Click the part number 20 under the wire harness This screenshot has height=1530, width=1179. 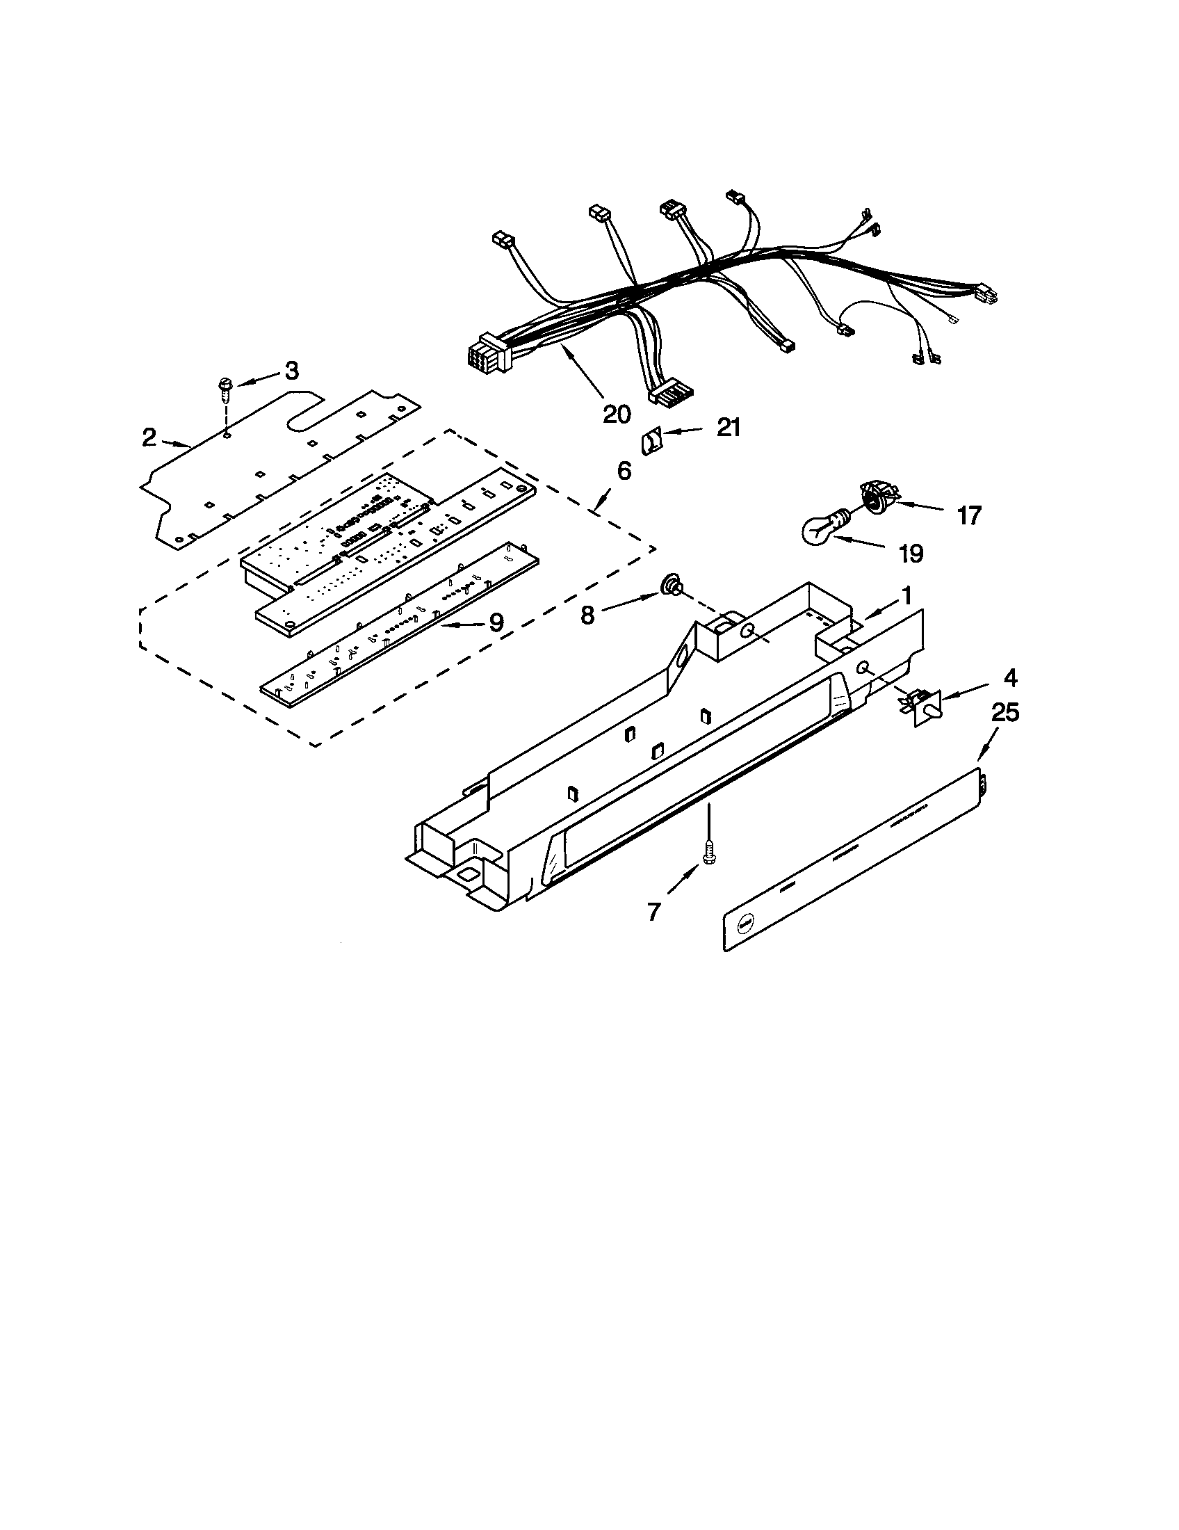tap(616, 414)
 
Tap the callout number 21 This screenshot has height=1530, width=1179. tap(729, 426)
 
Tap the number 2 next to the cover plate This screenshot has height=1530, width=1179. tap(149, 438)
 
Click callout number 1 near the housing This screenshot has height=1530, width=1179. tap(906, 596)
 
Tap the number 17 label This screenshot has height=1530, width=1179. tap(969, 515)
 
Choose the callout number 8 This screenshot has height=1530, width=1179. tap(587, 615)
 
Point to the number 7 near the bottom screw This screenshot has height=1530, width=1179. tap(653, 912)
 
